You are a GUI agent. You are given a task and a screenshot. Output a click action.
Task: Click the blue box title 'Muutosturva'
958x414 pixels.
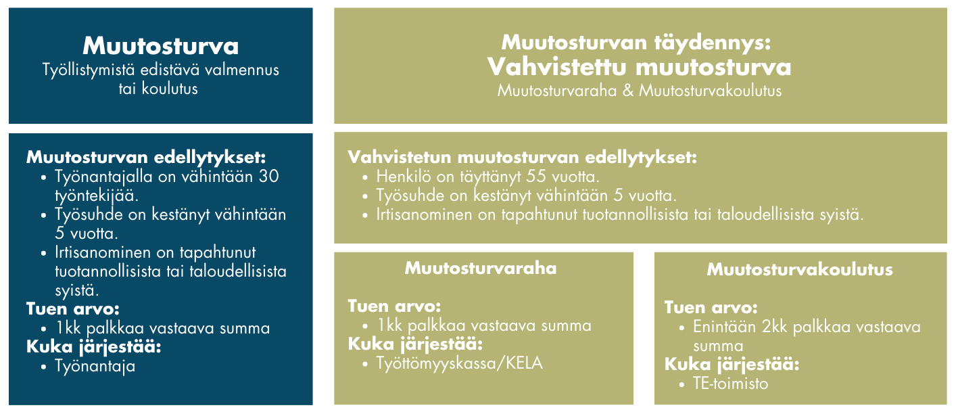(x=160, y=46)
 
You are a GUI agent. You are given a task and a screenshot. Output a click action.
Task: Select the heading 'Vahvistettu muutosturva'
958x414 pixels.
(x=640, y=67)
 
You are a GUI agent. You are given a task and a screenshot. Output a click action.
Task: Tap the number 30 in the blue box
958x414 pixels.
(x=268, y=177)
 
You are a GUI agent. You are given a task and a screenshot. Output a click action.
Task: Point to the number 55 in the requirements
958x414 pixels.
(x=536, y=177)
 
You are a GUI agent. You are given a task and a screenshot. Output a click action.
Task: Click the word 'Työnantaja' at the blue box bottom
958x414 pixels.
(x=95, y=367)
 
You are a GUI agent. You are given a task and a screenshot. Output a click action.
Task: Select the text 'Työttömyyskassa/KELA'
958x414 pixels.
(x=459, y=364)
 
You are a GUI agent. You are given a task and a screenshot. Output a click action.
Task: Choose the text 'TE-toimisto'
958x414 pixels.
(x=730, y=384)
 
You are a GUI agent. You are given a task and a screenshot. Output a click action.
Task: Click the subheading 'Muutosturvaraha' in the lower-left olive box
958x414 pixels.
(x=481, y=269)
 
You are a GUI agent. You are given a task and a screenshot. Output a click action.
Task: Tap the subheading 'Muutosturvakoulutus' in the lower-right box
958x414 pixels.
(x=800, y=270)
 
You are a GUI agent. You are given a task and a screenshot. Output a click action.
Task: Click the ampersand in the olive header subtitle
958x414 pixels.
(x=628, y=91)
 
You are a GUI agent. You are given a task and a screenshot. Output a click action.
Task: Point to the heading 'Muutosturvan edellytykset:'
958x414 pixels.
(x=146, y=158)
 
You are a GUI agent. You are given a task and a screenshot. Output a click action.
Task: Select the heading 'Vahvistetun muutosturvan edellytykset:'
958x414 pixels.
(x=522, y=158)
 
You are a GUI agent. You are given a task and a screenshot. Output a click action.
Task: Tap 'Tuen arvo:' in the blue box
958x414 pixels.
(x=73, y=308)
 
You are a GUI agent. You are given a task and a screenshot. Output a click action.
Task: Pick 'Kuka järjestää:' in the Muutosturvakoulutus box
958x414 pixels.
(x=732, y=365)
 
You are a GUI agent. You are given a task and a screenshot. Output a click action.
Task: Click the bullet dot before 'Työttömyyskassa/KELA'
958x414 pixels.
(x=365, y=365)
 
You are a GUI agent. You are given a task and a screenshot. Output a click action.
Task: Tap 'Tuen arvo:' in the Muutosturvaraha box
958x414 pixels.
(x=394, y=306)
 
